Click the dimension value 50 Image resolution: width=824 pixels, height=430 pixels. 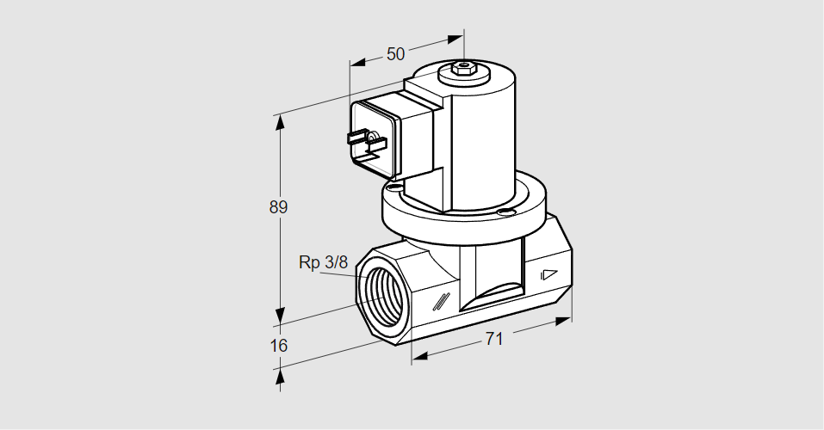[395, 54]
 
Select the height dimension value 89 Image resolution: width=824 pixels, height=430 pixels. [278, 207]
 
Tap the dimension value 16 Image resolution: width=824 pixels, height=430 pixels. [278, 346]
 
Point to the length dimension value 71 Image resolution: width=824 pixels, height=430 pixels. [493, 339]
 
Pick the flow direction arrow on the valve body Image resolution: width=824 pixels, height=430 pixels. [548, 276]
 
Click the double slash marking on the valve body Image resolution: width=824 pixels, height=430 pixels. [442, 301]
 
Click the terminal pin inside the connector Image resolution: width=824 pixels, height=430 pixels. [371, 137]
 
